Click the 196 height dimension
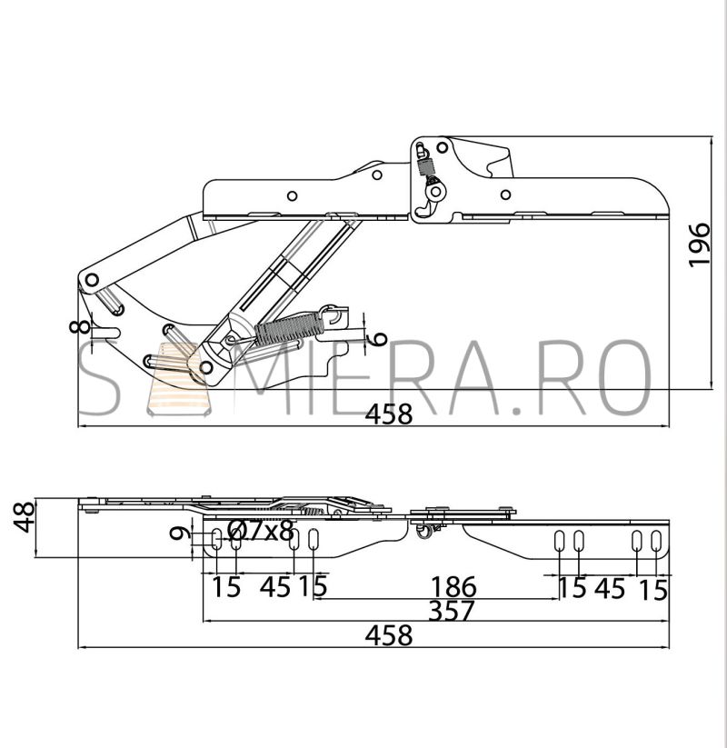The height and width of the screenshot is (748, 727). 700,244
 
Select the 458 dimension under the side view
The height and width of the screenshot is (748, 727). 389,414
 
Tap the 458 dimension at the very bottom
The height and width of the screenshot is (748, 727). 389,635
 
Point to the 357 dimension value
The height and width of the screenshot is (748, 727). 452,611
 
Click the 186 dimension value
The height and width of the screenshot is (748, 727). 453,587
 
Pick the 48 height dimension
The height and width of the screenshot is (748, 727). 24,516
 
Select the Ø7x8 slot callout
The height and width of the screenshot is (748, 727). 261,530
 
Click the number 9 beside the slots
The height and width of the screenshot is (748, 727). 178,533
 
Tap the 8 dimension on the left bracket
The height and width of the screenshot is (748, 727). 79,327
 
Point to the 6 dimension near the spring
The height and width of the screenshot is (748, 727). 379,338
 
